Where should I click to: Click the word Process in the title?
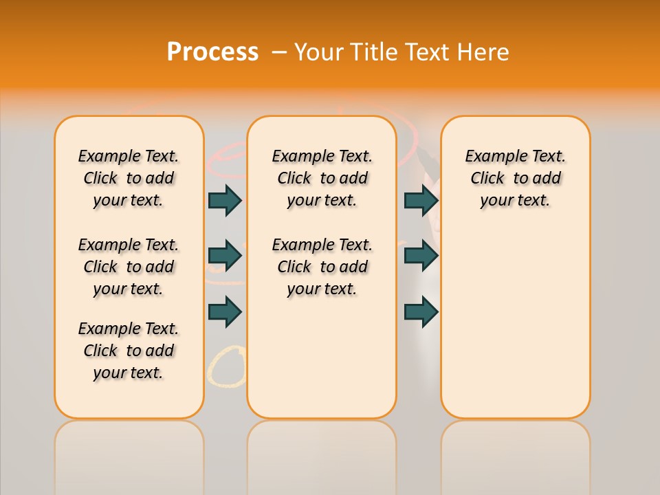click(x=212, y=52)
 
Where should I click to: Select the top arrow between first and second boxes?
click(x=225, y=200)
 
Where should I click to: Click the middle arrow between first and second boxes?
click(x=225, y=256)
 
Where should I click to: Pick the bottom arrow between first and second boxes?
click(x=225, y=311)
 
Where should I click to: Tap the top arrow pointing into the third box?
click(x=421, y=200)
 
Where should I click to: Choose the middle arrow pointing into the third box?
click(x=421, y=256)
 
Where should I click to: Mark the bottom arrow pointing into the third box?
click(x=421, y=311)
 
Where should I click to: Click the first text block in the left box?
click(x=129, y=178)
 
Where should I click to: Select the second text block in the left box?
click(x=129, y=267)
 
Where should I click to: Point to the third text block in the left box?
click(x=129, y=351)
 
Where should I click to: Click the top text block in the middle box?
click(x=322, y=178)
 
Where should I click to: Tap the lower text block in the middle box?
click(x=322, y=267)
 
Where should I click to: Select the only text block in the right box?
click(x=515, y=178)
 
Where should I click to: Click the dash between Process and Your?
click(x=279, y=52)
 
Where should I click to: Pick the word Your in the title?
click(x=320, y=52)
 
